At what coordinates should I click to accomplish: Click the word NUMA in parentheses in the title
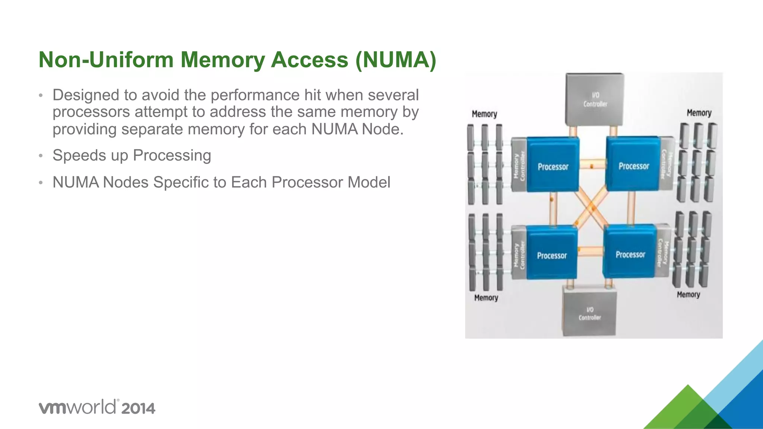pos(396,60)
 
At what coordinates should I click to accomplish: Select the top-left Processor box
pos(553,165)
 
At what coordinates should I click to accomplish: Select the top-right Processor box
pos(633,164)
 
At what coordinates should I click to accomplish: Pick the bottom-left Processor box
pos(552,253)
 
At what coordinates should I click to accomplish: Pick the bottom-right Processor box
pos(630,252)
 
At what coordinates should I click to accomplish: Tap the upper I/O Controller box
pos(595,99)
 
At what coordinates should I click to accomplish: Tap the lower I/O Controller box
pos(589,313)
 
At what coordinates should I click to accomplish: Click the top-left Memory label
pos(484,114)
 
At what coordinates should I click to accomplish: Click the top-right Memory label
pos(699,113)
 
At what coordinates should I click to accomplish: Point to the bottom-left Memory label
pos(486,298)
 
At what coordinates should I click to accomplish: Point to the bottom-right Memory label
pos(688,295)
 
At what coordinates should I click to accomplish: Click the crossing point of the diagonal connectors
pos(591,209)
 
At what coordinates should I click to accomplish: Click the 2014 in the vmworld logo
pos(138,409)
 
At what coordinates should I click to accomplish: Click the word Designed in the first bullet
pos(86,95)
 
